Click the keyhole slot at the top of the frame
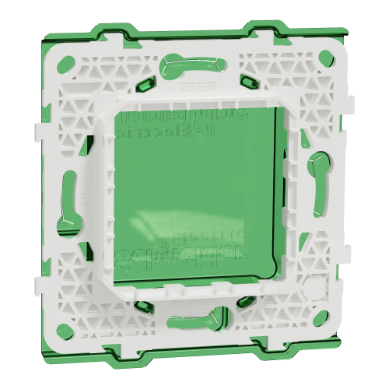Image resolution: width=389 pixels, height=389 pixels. tap(185, 64)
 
